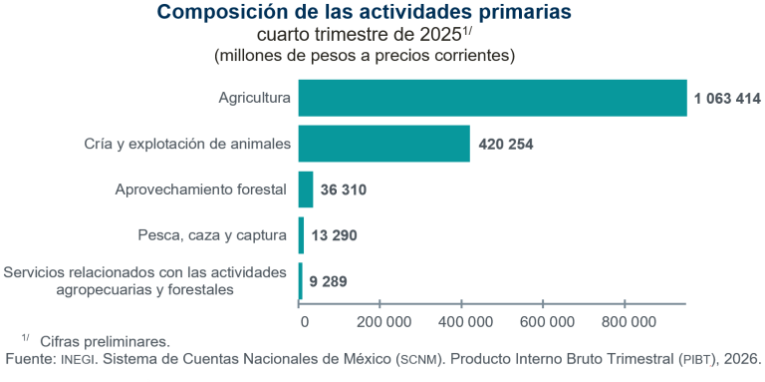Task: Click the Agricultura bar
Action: [x=492, y=98]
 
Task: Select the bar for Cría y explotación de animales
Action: [x=383, y=144]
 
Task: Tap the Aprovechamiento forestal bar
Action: [x=306, y=190]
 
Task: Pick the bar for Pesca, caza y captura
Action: [x=301, y=235]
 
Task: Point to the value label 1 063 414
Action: [x=725, y=98]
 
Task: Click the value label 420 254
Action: [x=506, y=144]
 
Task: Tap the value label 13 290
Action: [x=334, y=235]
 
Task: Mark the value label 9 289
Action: [x=328, y=281]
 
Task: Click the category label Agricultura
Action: [x=254, y=98]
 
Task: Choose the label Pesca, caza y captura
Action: [x=212, y=235]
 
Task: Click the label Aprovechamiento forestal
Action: [x=200, y=190]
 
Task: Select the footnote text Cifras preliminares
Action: [x=105, y=340]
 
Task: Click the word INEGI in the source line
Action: [x=80, y=358]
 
